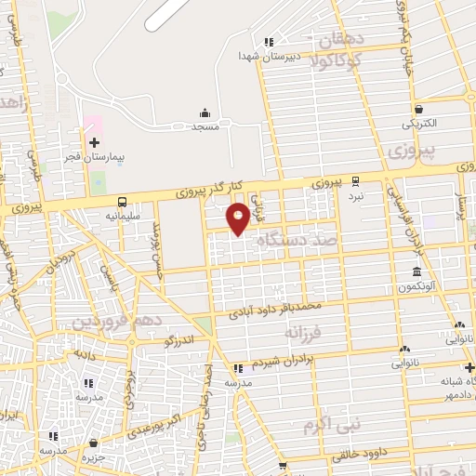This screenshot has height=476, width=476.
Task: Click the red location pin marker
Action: (x=238, y=218)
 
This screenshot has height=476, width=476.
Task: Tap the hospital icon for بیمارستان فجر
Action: (x=94, y=142)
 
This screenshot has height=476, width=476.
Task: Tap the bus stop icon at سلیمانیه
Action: (x=122, y=201)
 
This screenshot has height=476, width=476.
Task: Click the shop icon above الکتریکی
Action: (x=419, y=108)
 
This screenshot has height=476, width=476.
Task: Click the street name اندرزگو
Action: (x=180, y=340)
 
